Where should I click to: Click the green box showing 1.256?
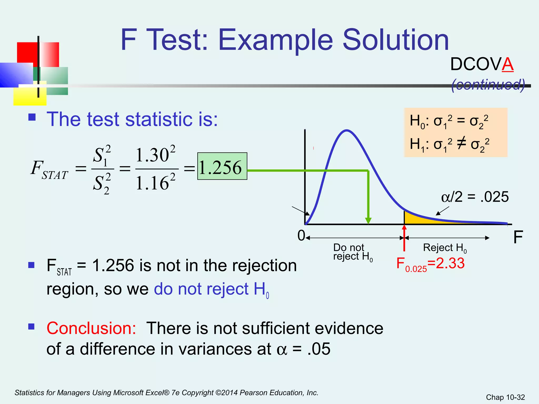click(222, 166)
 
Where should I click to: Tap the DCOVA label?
click(482, 64)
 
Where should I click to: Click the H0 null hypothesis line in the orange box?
click(449, 122)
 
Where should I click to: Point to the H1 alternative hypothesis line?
click(449, 144)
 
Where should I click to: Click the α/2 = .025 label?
click(475, 197)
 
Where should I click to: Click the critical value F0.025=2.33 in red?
click(431, 264)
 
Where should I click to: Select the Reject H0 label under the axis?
click(445, 248)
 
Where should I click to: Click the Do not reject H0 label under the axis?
click(352, 252)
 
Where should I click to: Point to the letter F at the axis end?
click(518, 237)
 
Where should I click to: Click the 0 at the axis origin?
click(301, 236)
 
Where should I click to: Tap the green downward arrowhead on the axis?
click(368, 221)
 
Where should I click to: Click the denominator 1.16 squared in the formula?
click(156, 182)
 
